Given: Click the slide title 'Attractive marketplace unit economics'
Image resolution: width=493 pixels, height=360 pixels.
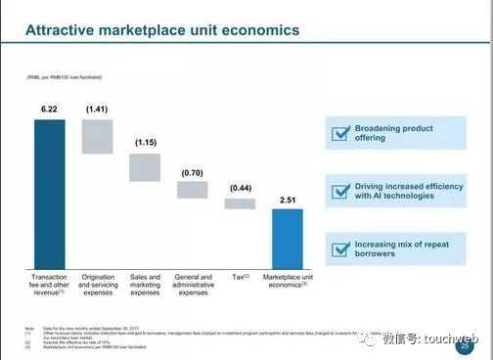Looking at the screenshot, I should tap(161, 30).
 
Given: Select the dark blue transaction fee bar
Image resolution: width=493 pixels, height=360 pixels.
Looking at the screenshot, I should tap(49, 191).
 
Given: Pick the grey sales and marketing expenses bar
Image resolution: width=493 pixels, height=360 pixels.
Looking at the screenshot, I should tap(145, 167).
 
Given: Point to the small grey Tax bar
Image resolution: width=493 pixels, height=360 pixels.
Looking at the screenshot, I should tap(240, 203).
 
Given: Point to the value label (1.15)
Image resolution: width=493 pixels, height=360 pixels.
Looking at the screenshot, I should tap(145, 144).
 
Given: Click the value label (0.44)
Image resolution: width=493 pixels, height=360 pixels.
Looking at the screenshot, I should tap(240, 188).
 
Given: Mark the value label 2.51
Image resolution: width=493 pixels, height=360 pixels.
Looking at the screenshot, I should tap(288, 200).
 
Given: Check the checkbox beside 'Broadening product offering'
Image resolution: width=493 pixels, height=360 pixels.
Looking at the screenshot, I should tap(340, 133).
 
